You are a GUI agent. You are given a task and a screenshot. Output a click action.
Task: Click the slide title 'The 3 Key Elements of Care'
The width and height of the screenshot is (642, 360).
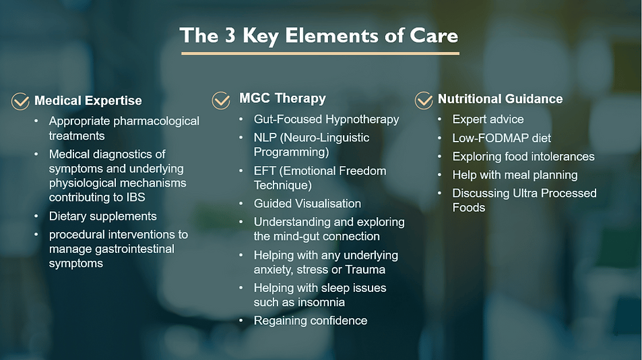pyautogui.click(x=319, y=35)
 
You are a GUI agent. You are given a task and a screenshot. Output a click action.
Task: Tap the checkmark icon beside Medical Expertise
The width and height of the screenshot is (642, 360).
pyautogui.click(x=20, y=101)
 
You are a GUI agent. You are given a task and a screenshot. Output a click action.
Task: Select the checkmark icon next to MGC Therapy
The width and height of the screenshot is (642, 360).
pyautogui.click(x=221, y=100)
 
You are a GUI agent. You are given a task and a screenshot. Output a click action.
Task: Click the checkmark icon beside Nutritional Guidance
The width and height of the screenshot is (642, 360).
pyautogui.click(x=423, y=100)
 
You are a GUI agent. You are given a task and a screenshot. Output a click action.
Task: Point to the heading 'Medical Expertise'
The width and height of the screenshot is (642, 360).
pyautogui.click(x=88, y=100)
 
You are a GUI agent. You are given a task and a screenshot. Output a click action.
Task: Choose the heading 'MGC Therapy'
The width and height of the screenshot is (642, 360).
pyautogui.click(x=282, y=98)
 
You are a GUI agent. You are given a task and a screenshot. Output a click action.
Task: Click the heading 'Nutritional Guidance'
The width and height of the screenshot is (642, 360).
pyautogui.click(x=501, y=98)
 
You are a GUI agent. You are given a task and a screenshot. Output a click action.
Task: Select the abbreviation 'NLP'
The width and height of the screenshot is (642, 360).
pyautogui.click(x=265, y=138)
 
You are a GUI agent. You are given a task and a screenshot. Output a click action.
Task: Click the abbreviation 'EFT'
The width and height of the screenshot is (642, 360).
pyautogui.click(x=265, y=171)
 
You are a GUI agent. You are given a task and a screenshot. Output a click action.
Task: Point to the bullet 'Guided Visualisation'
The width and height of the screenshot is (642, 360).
pyautogui.click(x=307, y=204)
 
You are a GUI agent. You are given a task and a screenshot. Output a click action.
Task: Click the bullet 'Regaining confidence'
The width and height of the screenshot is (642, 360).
pyautogui.click(x=311, y=321)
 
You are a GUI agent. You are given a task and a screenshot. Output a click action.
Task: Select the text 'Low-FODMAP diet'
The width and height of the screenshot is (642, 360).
pyautogui.click(x=502, y=138)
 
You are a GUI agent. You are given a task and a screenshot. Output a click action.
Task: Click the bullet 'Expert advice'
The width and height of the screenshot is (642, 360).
pyautogui.click(x=488, y=119)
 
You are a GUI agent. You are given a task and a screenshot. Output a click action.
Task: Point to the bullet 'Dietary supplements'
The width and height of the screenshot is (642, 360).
pyautogui.click(x=103, y=216)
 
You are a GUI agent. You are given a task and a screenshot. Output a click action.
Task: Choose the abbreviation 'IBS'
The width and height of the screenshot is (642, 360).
pyautogui.click(x=135, y=198)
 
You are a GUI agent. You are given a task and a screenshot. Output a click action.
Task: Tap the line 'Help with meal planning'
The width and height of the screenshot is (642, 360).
pyautogui.click(x=515, y=175)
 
